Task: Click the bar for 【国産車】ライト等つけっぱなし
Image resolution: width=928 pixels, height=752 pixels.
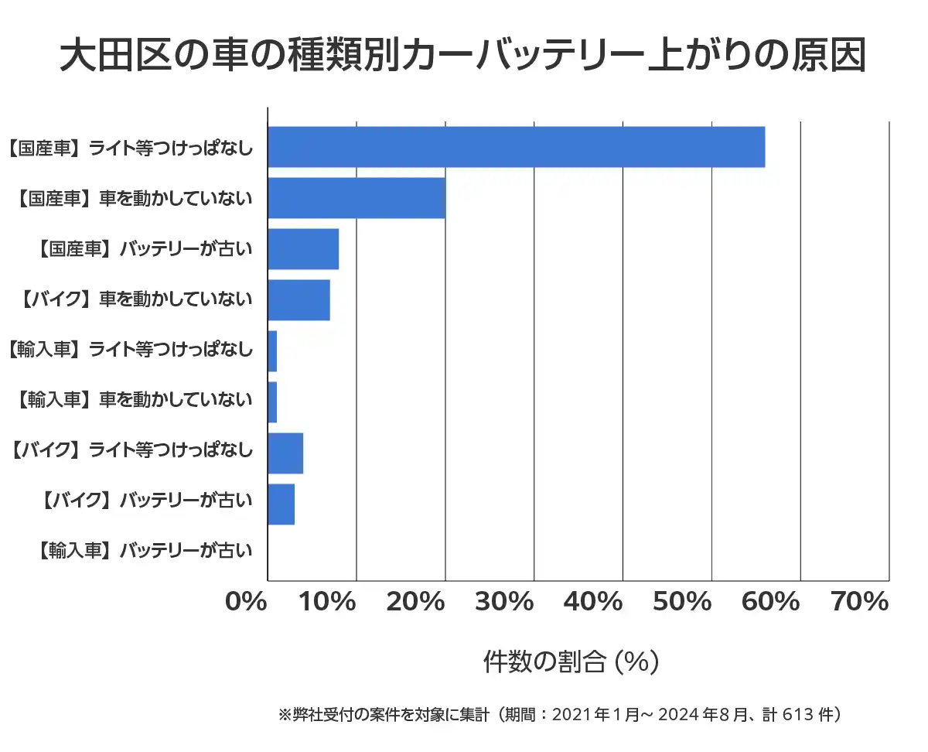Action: (516, 147)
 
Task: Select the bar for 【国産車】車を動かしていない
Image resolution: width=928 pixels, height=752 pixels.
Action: (357, 198)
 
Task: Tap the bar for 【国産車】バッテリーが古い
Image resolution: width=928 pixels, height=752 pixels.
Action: (303, 249)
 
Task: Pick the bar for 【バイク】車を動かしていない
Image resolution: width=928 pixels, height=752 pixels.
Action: (299, 300)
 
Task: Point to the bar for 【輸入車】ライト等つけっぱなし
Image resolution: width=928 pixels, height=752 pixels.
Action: (272, 351)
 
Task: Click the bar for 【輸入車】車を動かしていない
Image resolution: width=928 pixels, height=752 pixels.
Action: (272, 402)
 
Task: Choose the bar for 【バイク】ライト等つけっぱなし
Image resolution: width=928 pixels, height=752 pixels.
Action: (285, 453)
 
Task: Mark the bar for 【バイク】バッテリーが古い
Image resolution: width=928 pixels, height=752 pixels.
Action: (281, 504)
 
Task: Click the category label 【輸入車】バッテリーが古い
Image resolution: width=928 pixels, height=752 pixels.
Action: (145, 551)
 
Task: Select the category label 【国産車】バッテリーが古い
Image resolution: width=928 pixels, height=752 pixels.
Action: (145, 249)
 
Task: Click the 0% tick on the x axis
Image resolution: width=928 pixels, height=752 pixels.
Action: (245, 601)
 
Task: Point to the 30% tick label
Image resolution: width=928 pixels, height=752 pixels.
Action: (504, 601)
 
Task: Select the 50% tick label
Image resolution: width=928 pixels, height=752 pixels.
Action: (682, 601)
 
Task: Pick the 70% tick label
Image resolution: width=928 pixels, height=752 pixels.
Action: (860, 601)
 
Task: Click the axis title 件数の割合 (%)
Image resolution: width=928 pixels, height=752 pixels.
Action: (571, 661)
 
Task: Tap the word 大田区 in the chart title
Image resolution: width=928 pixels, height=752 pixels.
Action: (103, 56)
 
